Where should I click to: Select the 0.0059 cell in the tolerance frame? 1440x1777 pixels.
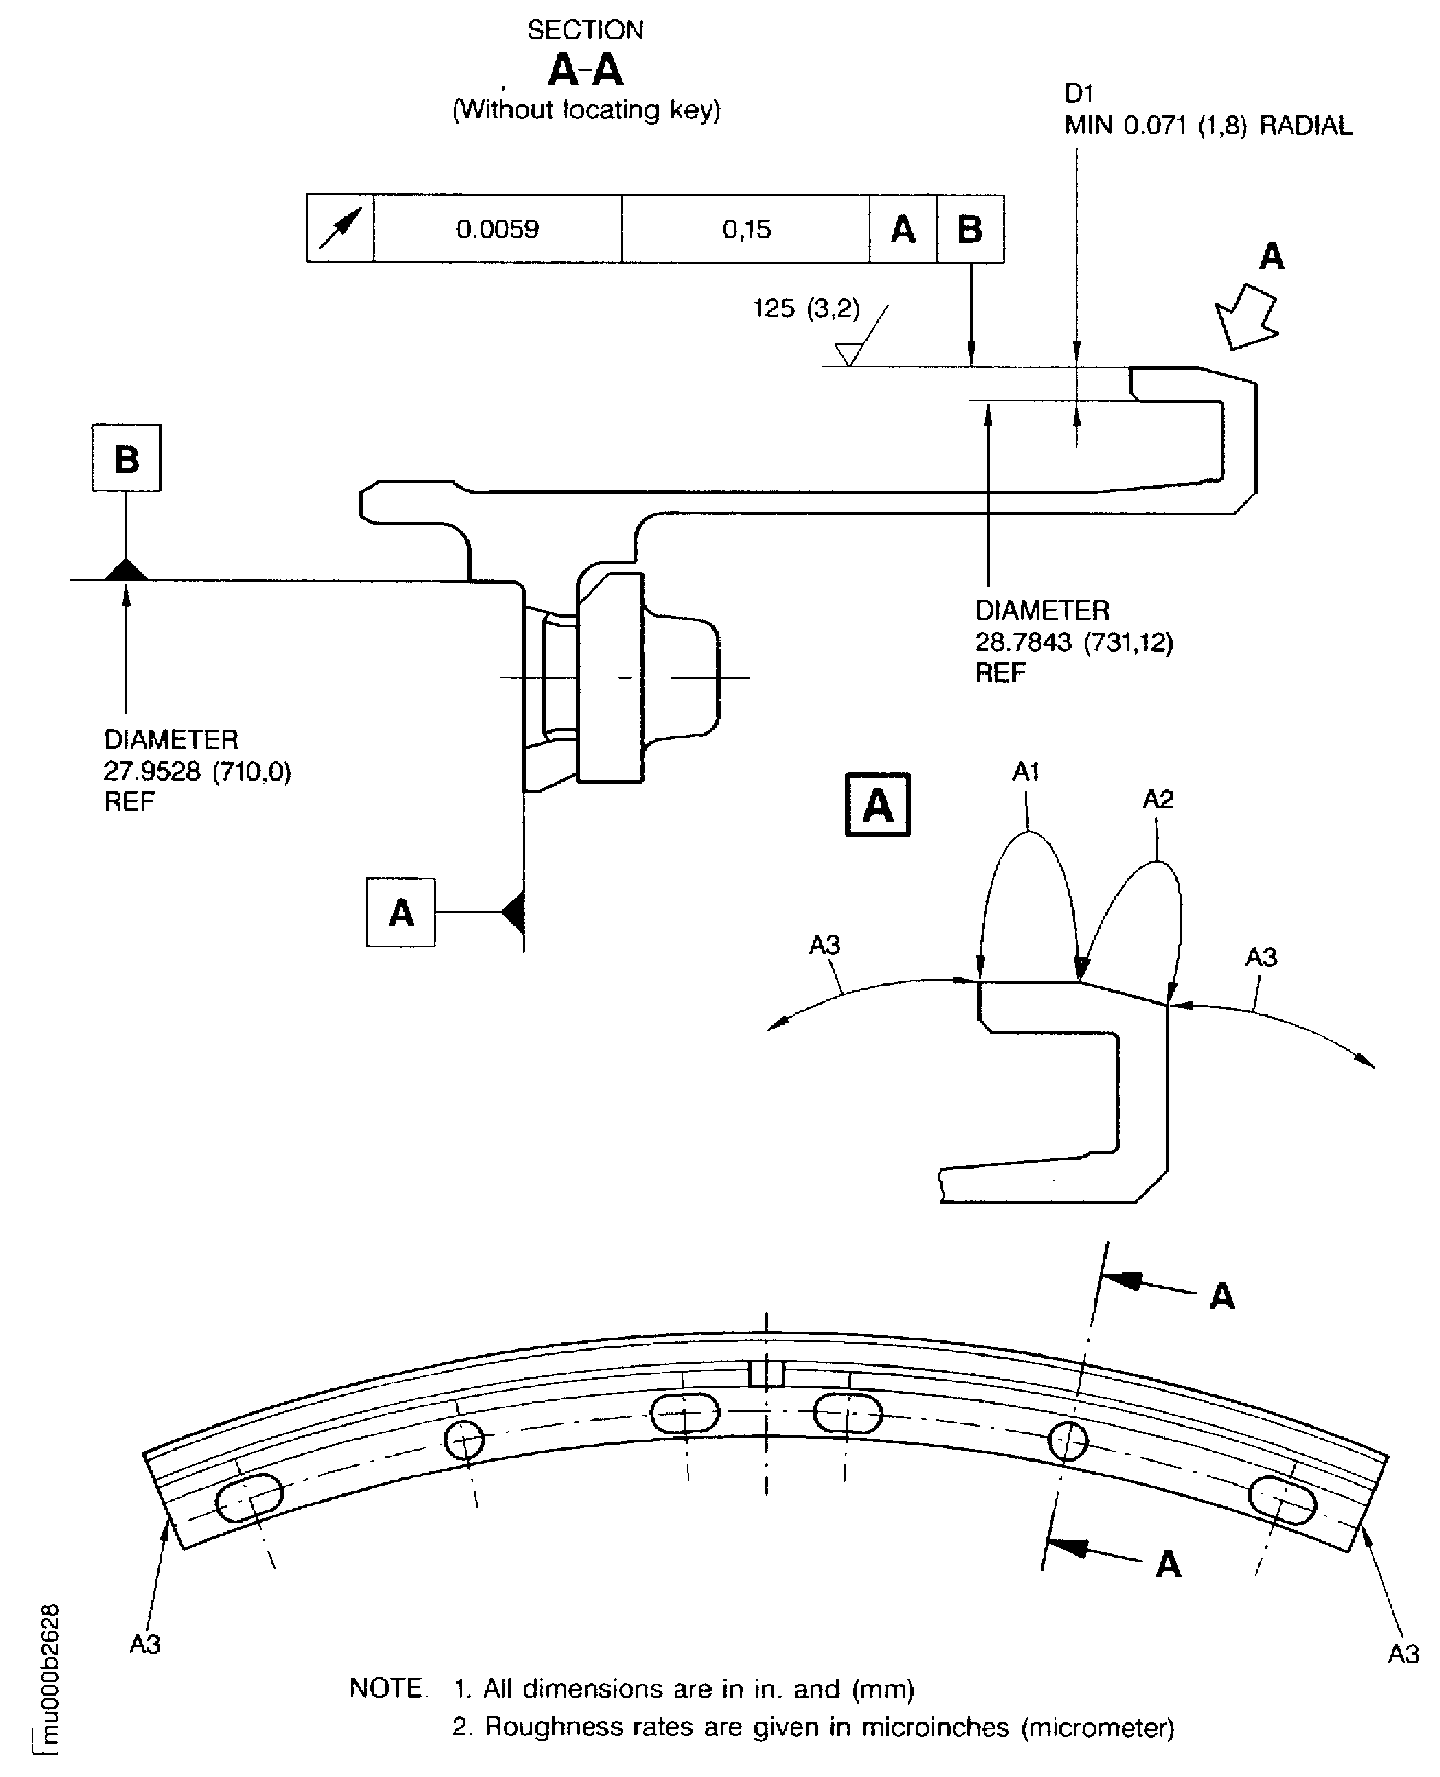pyautogui.click(x=497, y=229)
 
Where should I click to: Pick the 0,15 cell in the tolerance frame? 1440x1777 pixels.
pyautogui.click(x=746, y=229)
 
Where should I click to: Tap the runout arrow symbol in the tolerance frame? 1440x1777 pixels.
pyautogui.click(x=340, y=229)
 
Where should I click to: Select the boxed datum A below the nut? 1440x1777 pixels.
pyautogui.click(x=401, y=913)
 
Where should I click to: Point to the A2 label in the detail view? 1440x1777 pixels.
pyautogui.click(x=1158, y=799)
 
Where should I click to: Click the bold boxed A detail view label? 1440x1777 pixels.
pyautogui.click(x=877, y=805)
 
